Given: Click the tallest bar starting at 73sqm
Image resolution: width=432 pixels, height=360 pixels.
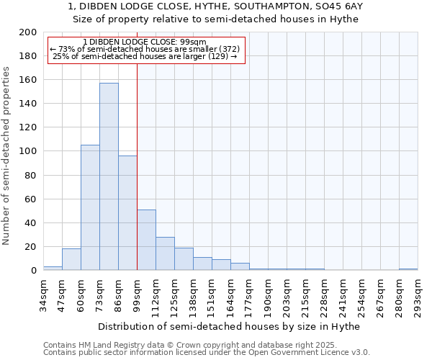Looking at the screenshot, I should [109, 176].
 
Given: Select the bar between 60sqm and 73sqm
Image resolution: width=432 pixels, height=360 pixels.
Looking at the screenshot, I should [90, 207].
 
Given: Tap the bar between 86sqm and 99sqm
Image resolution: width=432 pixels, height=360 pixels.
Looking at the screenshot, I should [127, 212].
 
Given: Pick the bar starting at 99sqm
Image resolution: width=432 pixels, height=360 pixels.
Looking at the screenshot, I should [146, 240].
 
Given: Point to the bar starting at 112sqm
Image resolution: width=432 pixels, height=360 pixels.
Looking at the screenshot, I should [165, 253].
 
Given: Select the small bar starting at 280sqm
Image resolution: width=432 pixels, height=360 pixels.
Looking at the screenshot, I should [408, 269].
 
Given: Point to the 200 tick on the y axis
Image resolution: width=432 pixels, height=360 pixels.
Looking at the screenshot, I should [28, 32].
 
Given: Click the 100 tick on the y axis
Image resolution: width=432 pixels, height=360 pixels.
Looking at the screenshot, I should [28, 151].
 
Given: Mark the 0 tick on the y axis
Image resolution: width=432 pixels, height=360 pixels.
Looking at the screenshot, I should [33, 271].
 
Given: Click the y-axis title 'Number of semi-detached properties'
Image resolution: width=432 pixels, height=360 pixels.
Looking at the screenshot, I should [7, 156].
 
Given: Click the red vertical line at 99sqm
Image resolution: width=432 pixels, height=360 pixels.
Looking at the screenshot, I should [137, 180].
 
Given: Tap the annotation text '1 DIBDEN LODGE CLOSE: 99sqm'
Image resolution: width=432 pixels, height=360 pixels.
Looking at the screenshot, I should [145, 42].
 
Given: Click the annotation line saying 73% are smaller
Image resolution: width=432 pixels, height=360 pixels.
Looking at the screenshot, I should [145, 49].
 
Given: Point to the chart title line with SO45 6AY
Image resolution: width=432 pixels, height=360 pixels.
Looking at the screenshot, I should [215, 6].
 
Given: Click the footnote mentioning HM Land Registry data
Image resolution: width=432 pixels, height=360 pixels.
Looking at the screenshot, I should [205, 345].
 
